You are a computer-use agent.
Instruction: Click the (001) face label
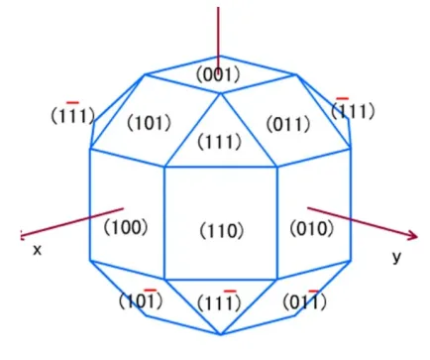[218, 74]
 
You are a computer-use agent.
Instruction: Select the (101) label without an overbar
[150, 123]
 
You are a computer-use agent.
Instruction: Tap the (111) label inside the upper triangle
[220, 142]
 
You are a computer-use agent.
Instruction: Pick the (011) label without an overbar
[288, 124]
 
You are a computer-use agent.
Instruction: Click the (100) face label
[126, 227]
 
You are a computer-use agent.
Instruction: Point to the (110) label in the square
[222, 230]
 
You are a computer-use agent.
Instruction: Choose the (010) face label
[312, 228]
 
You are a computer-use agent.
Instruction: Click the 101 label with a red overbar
[141, 300]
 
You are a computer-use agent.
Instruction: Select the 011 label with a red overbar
[304, 300]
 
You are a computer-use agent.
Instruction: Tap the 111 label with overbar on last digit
[220, 301]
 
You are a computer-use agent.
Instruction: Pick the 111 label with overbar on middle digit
[73, 114]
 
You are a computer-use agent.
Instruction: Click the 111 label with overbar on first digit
[353, 109]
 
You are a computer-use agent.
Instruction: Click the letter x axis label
[38, 251]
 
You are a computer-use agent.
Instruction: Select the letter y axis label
[397, 257]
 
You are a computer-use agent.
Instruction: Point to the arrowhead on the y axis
[412, 235]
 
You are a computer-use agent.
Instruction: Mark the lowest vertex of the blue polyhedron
[221, 334]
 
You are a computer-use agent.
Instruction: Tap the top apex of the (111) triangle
[221, 93]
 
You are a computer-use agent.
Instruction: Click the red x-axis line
[72, 222]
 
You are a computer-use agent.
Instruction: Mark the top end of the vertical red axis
[218, 7]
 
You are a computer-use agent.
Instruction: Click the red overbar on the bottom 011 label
[313, 291]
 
